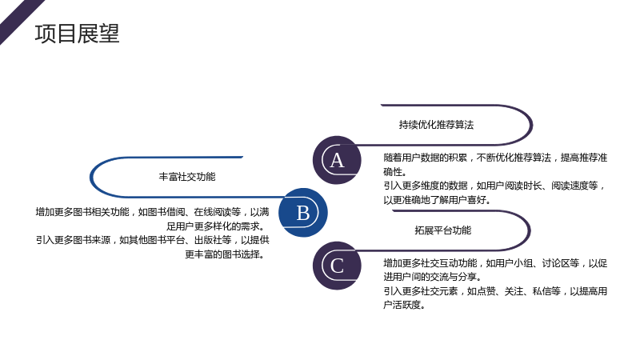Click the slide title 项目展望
pyautogui.click(x=77, y=34)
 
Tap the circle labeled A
pyautogui.click(x=337, y=160)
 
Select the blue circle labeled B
pyautogui.click(x=303, y=212)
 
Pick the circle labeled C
pyautogui.click(x=337, y=266)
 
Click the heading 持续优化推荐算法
pyautogui.click(x=436, y=125)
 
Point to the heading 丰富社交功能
pyautogui.click(x=187, y=177)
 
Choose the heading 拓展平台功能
pyautogui.click(x=443, y=230)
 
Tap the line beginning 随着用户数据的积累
pyautogui.click(x=495, y=158)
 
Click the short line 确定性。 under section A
pyautogui.click(x=394, y=171)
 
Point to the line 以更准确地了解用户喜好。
pyautogui.click(x=437, y=199)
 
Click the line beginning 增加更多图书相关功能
pyautogui.click(x=152, y=212)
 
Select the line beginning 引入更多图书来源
pyautogui.click(x=152, y=240)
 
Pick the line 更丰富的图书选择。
pyautogui.click(x=226, y=254)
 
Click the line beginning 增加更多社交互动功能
pyautogui.click(x=495, y=263)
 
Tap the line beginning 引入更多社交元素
pyautogui.click(x=495, y=291)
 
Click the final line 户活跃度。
pyautogui.click(x=404, y=305)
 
